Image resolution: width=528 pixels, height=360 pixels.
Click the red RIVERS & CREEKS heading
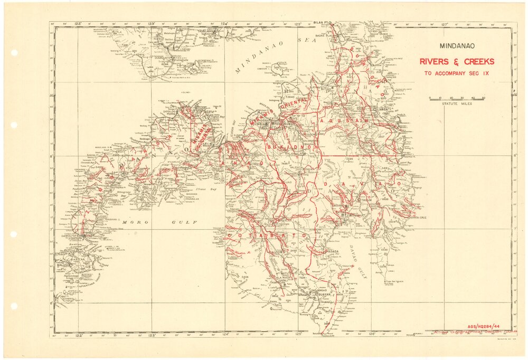point(457,61)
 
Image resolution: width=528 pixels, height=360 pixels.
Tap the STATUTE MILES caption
point(457,104)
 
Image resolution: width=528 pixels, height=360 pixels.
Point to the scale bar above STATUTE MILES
point(457,98)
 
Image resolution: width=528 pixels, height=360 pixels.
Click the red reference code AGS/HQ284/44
point(485,327)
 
